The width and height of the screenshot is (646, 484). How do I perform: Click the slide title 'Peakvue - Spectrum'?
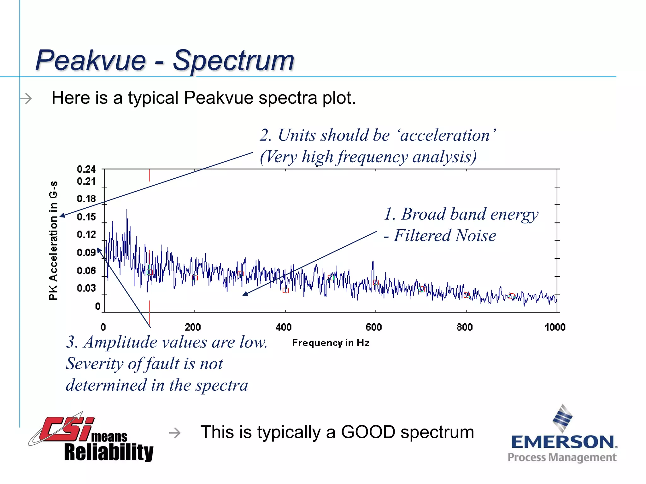tap(165, 60)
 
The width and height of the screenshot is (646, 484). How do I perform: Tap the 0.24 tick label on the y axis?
tap(86, 169)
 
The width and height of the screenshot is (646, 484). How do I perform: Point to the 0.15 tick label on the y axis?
tap(86, 217)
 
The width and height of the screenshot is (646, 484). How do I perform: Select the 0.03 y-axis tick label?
tap(86, 288)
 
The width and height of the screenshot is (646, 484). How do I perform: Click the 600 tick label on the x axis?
tap(374, 327)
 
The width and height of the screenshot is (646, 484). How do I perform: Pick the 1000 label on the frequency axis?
tap(555, 327)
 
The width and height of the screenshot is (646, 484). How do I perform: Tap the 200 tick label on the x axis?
tap(193, 327)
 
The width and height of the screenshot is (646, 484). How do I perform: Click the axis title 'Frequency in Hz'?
tap(330, 343)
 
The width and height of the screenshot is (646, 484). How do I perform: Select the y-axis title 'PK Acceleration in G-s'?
tap(54, 240)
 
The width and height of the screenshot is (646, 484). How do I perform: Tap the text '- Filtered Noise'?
tap(440, 236)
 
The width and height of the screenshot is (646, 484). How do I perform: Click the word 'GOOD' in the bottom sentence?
tap(368, 432)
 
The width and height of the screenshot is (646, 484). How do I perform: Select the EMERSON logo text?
tap(562, 442)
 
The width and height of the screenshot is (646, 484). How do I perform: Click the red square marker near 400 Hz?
tap(285, 291)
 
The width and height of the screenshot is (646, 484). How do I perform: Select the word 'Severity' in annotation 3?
tap(95, 364)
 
